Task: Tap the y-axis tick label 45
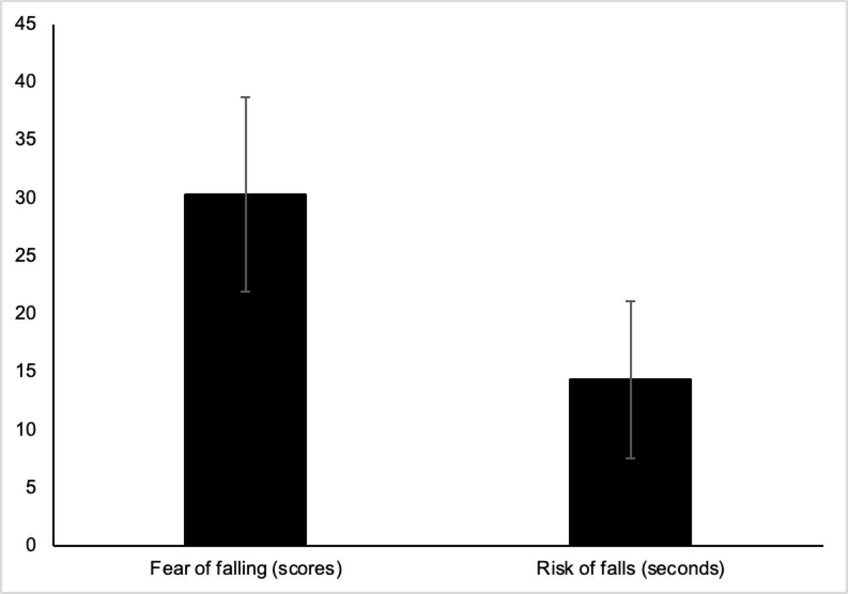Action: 26,25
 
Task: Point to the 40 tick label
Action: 26,82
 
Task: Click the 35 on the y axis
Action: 26,140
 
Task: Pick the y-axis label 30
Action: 26,198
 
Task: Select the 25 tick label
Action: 26,256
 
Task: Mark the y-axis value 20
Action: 26,314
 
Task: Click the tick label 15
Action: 26,371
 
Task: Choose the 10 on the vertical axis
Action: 26,430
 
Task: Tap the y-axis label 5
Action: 31,488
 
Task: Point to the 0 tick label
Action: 31,545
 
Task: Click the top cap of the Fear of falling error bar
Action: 246,97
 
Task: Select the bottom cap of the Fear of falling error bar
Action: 246,291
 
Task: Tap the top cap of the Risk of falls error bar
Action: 630,301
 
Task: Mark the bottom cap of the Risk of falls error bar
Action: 630,458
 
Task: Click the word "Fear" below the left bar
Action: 165,569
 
